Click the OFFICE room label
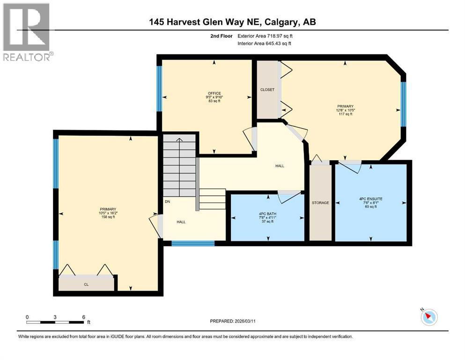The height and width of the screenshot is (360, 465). click(214, 93)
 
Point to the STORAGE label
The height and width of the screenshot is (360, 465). click(321, 202)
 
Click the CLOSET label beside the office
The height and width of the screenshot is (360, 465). click(267, 90)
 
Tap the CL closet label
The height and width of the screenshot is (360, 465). click(86, 284)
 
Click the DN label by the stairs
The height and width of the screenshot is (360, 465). click(167, 202)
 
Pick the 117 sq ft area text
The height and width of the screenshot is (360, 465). click(345, 115)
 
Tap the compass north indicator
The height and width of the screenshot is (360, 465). click(428, 317)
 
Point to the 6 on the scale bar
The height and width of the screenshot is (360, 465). click(83, 317)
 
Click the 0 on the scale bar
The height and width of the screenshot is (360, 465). click(27, 317)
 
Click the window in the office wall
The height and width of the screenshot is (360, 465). click(159, 88)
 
